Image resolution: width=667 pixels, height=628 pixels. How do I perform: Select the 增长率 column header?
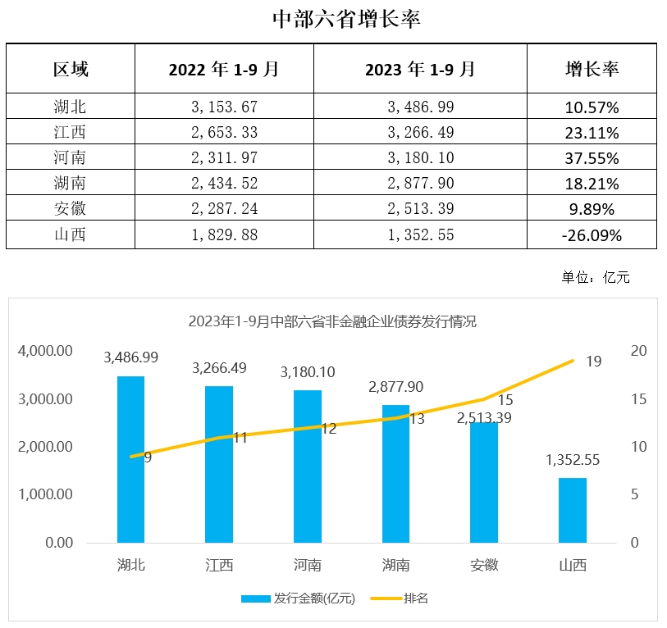(592, 69)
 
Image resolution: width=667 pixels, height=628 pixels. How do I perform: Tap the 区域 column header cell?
(71, 69)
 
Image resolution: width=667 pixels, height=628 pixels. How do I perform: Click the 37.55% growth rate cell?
(592, 158)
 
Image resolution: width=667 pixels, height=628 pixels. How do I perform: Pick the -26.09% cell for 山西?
(592, 236)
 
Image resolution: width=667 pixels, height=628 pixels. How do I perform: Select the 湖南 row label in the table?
(71, 184)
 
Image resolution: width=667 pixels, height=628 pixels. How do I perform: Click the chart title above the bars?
(332, 321)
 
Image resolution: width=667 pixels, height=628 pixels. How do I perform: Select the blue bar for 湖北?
(130, 459)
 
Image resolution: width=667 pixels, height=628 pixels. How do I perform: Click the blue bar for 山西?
(573, 510)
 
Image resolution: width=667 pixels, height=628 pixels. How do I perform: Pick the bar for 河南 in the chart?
(308, 466)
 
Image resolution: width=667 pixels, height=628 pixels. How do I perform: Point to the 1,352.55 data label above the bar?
(572, 460)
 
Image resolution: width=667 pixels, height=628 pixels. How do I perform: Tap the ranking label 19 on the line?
(595, 362)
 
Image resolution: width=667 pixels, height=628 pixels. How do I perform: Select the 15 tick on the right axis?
(637, 399)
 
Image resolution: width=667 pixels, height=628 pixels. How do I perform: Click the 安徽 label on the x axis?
(484, 566)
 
